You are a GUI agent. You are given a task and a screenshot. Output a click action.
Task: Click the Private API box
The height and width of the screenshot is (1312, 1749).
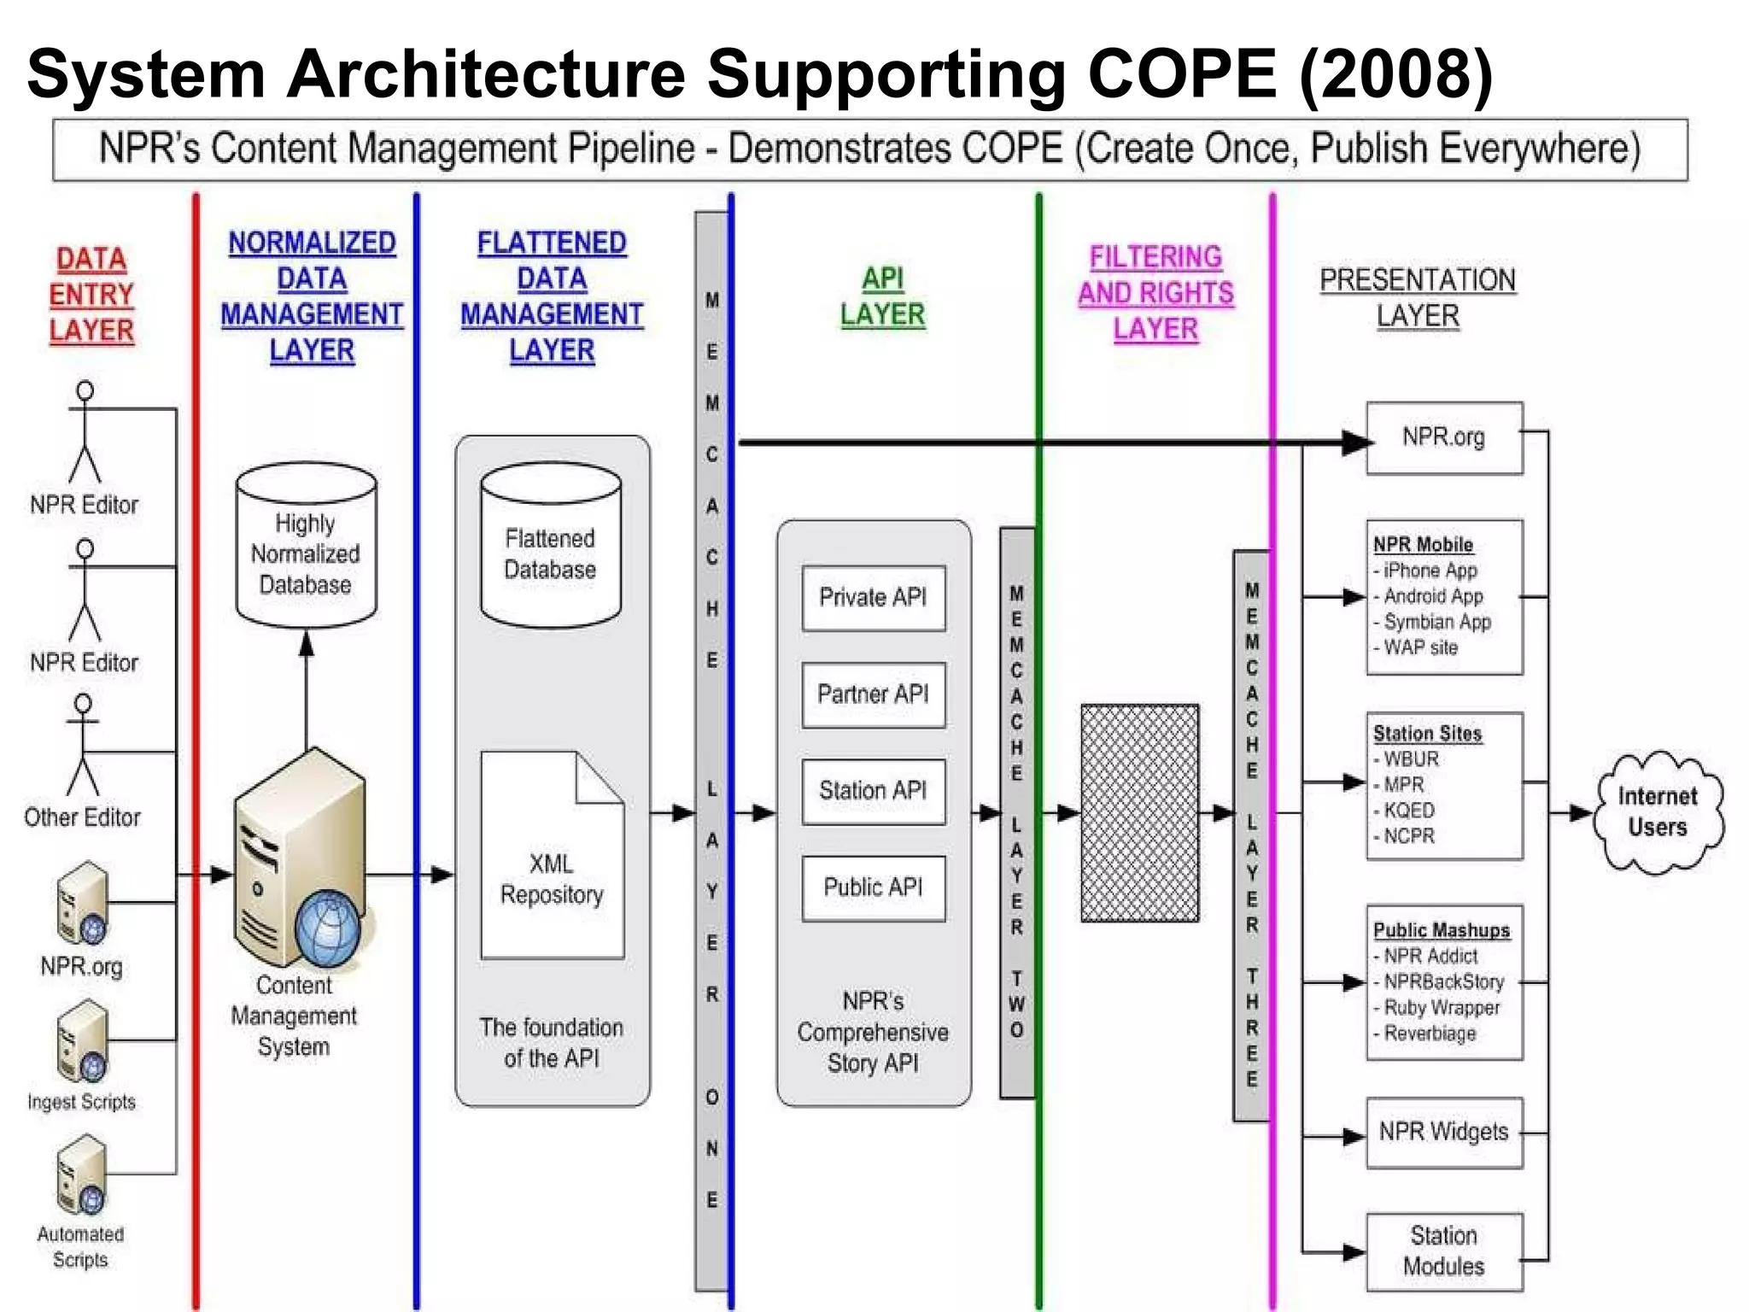[x=873, y=598]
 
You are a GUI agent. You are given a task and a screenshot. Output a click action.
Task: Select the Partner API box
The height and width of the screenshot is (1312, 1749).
[x=873, y=694]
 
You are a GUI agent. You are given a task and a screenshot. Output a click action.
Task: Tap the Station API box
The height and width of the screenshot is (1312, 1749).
[x=873, y=791]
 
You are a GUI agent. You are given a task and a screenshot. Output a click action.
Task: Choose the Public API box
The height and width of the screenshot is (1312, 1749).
[x=873, y=887]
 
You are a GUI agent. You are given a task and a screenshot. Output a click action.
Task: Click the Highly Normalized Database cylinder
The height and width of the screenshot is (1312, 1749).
[x=306, y=547]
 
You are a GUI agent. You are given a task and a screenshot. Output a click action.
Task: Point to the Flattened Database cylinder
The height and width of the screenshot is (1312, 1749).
[x=550, y=547]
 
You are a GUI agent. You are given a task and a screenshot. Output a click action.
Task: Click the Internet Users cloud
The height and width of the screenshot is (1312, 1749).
[x=1657, y=811]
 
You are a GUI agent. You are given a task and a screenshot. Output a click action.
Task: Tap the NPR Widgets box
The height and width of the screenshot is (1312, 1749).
[x=1443, y=1133]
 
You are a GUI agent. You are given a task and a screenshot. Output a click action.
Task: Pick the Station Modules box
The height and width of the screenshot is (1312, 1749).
[x=1443, y=1251]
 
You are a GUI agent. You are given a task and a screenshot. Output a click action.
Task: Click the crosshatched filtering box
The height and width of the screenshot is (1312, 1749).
[x=1139, y=813]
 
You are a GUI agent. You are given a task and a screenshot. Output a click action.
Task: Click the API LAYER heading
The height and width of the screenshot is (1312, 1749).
[x=882, y=296]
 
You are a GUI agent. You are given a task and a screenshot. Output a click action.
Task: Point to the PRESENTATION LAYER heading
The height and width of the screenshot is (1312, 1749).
[x=1418, y=298]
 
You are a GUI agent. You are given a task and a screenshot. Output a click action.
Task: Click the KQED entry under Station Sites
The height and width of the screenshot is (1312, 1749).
[x=1409, y=811]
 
